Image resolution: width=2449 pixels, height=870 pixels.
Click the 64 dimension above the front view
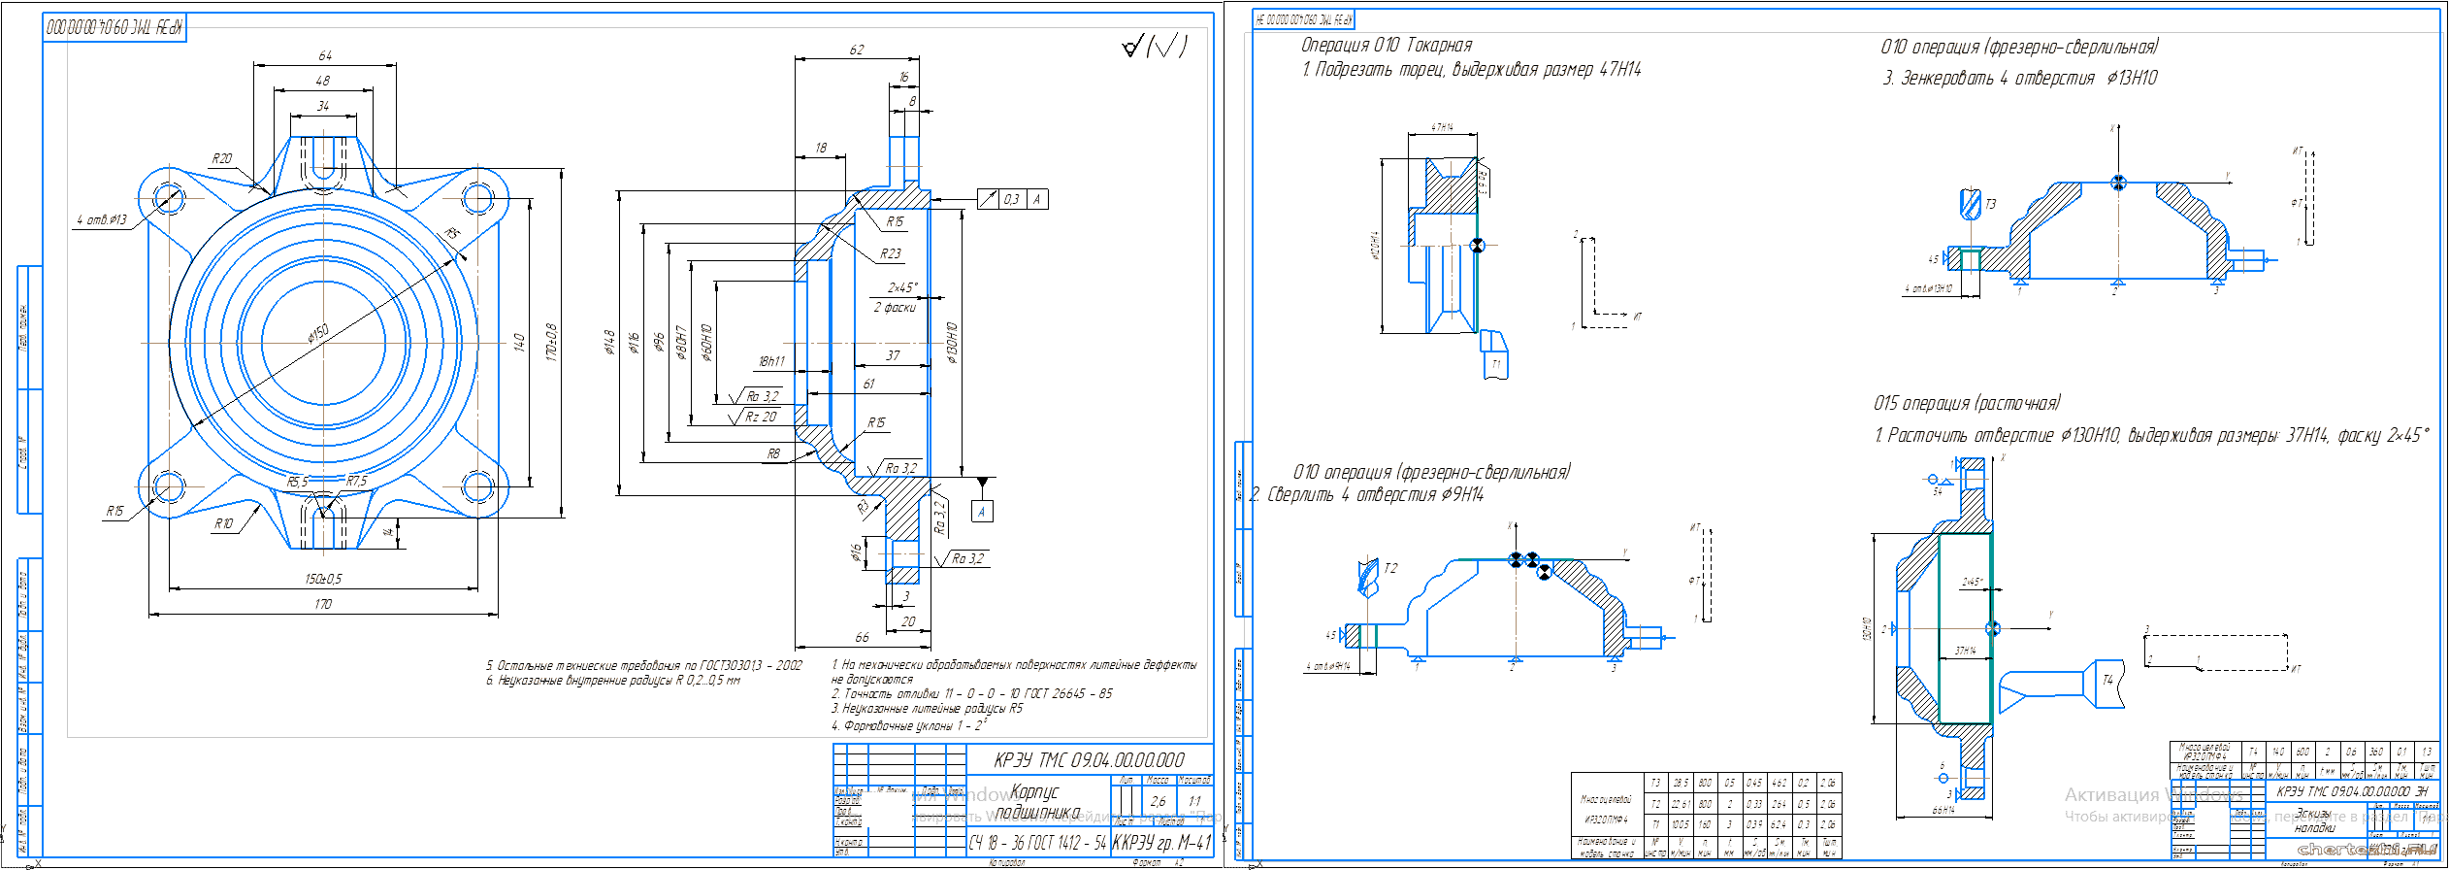pos(325,55)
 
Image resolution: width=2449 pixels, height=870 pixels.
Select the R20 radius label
pos(222,158)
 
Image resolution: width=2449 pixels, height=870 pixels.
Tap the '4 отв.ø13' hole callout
pos(102,219)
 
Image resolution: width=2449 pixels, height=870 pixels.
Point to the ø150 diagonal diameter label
pos(318,333)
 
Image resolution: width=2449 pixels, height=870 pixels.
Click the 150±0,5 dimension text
pos(323,579)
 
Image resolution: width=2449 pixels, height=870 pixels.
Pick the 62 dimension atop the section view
pos(856,50)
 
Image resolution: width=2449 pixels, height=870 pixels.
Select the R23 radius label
pos(891,253)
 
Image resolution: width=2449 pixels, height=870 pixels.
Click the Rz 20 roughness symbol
pos(759,417)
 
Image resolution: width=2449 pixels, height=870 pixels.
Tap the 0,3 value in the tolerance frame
pos(1011,199)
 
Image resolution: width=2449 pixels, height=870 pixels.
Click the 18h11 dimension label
pos(771,361)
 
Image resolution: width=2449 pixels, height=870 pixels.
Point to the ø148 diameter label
pos(609,342)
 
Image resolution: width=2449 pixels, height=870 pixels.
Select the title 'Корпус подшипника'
pos(1037,802)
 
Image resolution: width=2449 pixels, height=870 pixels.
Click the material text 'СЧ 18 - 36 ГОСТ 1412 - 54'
pos(1037,843)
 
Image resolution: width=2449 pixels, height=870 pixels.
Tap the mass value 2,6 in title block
pos(1158,801)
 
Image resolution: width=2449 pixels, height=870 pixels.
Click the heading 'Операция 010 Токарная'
pos(1386,45)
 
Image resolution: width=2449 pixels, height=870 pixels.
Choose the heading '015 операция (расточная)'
pos(1967,403)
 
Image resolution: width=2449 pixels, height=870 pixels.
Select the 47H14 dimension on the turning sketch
pos(1442,127)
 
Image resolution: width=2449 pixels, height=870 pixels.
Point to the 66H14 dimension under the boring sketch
pos(1943,810)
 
